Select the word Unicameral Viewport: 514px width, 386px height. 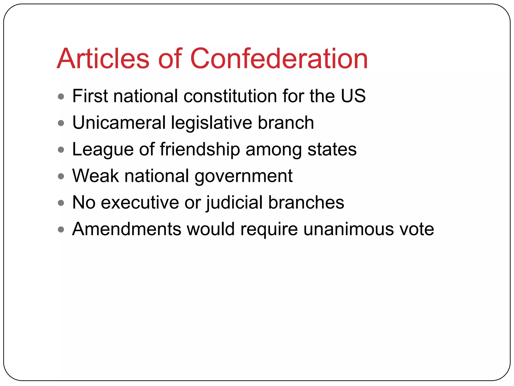[119, 123]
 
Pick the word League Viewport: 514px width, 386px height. [103, 150]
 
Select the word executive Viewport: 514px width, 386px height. [140, 203]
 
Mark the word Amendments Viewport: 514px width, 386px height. [126, 229]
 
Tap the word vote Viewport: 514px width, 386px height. [417, 229]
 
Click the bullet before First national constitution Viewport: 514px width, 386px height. [61, 96]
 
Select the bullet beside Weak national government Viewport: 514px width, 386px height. [61, 176]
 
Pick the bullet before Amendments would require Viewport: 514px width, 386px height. [61, 229]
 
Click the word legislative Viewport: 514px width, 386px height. [211, 123]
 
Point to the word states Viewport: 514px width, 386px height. [332, 150]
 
